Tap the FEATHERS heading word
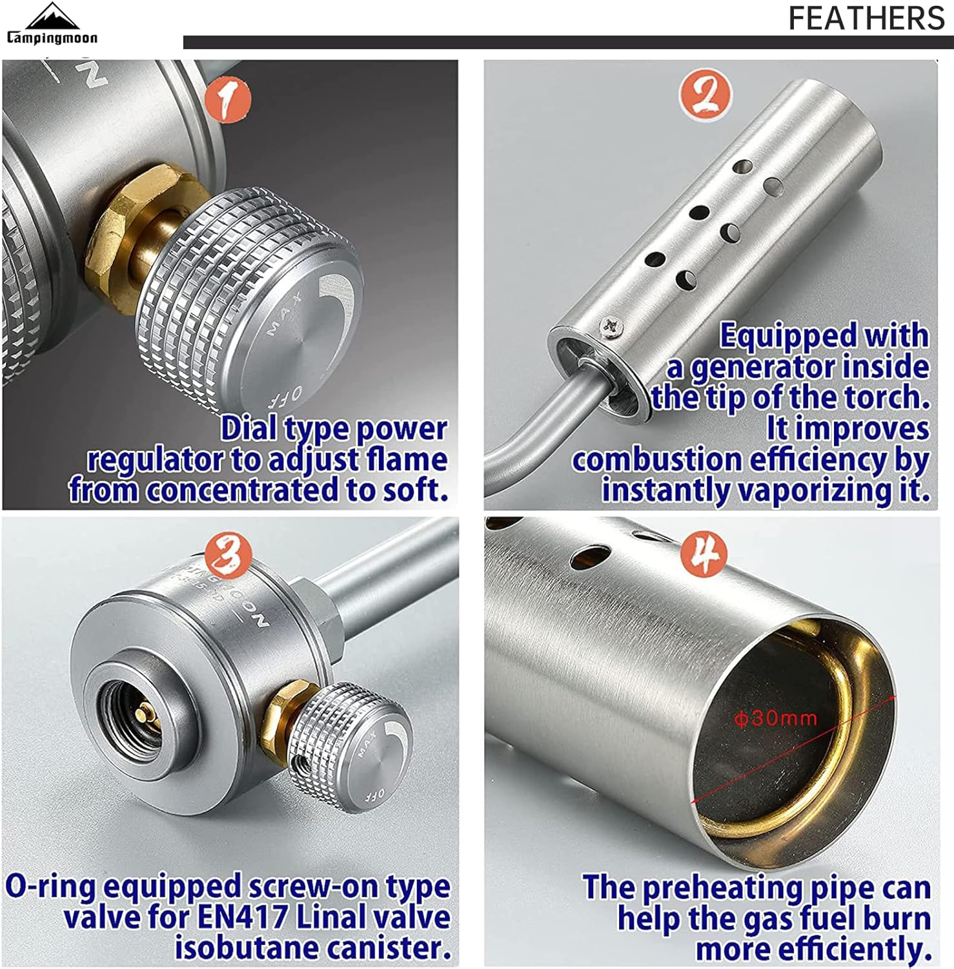pyautogui.click(x=866, y=18)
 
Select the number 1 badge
pyautogui.click(x=227, y=99)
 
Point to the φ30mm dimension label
pyautogui.click(x=776, y=718)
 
